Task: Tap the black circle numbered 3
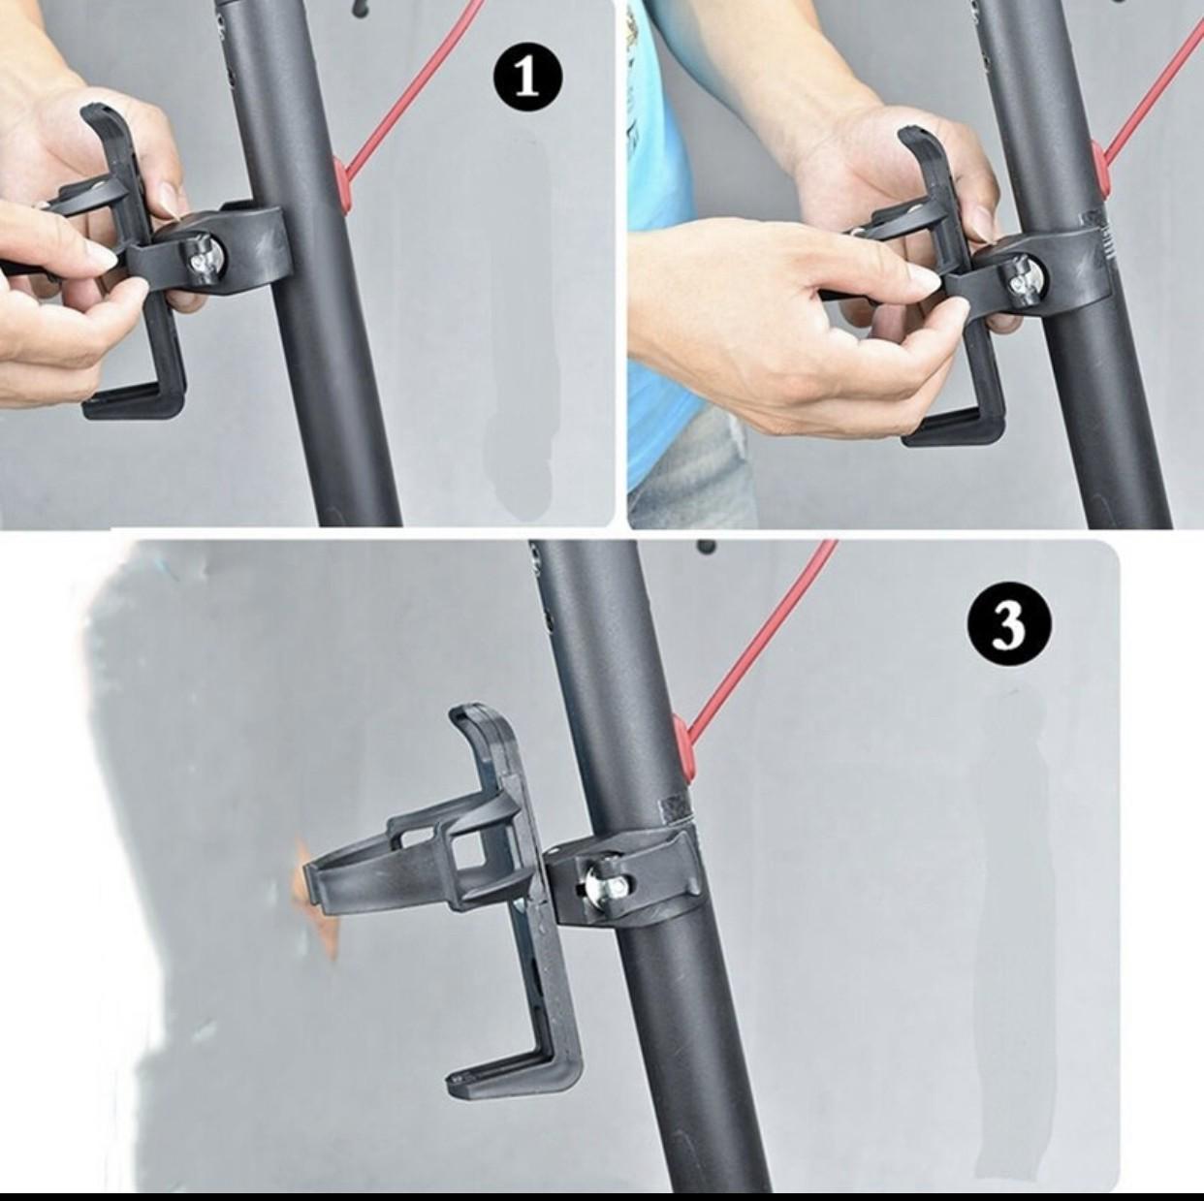(x=1009, y=624)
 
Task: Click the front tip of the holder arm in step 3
(x=312, y=882)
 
